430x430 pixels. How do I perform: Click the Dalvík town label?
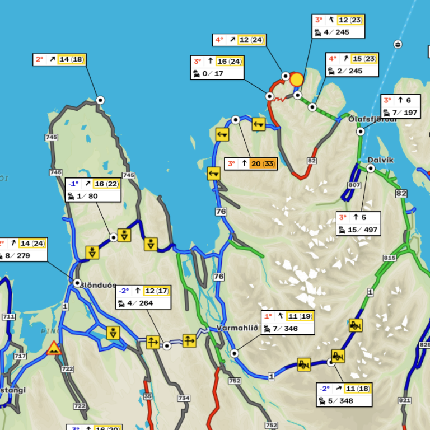[381, 160]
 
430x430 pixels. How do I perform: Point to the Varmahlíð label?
[237, 328]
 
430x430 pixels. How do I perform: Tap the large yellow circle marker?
[296, 80]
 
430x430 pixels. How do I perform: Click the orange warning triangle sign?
[54, 348]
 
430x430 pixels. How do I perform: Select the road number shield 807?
[354, 185]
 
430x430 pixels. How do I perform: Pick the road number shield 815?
[390, 258]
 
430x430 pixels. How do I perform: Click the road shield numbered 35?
[148, 396]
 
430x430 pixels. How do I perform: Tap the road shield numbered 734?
[184, 398]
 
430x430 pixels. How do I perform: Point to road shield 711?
[8, 317]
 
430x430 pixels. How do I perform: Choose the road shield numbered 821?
[404, 400]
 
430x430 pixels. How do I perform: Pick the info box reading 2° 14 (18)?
[59, 59]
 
